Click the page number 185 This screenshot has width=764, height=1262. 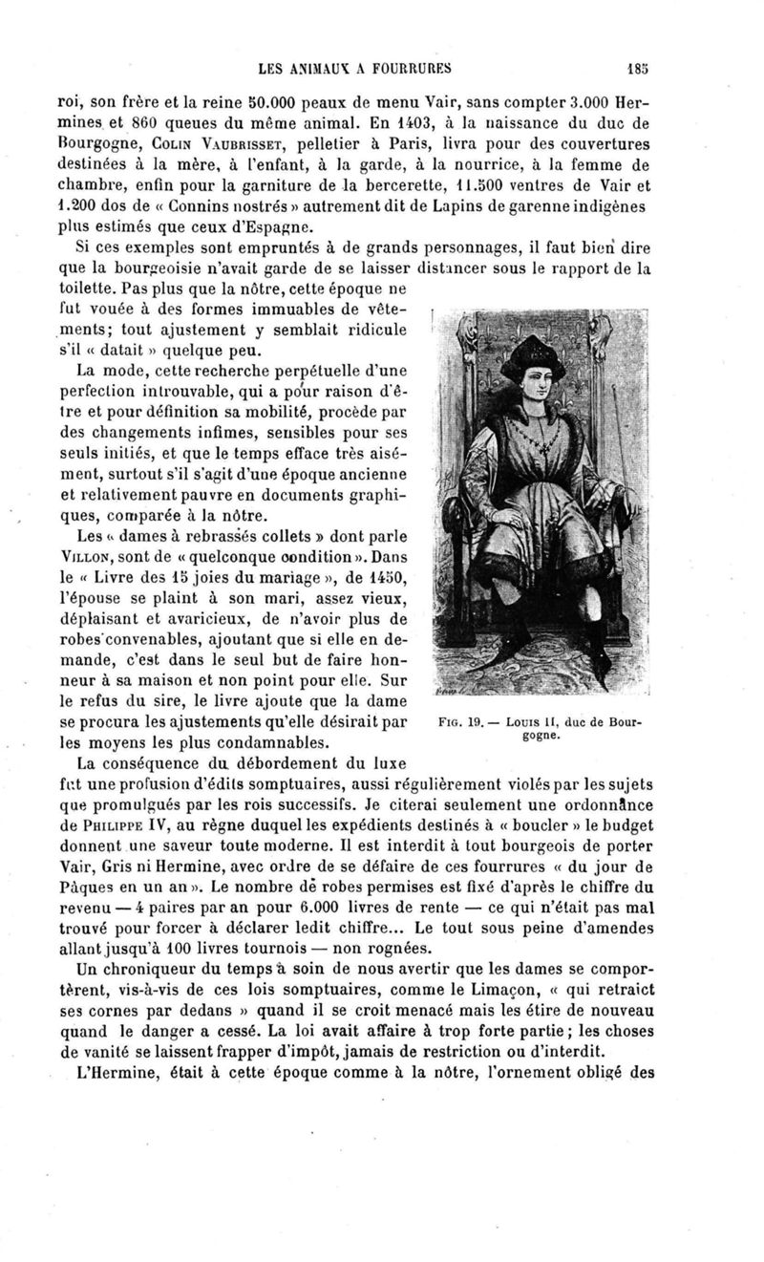638,68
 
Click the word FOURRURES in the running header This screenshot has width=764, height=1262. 406,68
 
